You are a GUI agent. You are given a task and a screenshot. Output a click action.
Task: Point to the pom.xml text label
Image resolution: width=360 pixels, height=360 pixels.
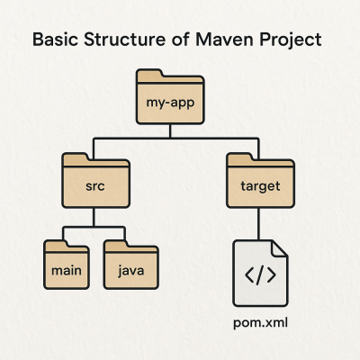click(x=261, y=322)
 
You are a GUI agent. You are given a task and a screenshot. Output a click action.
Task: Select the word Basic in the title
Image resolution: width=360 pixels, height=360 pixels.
click(x=55, y=41)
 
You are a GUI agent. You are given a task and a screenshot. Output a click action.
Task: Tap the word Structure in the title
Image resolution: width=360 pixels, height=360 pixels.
click(x=123, y=41)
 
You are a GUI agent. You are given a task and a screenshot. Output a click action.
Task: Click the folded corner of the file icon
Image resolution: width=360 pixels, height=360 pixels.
click(x=280, y=247)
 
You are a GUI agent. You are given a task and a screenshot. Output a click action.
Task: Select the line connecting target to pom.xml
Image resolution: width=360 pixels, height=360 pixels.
click(x=259, y=223)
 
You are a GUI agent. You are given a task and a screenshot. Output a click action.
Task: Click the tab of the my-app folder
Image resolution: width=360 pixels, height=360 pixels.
click(x=149, y=74)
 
